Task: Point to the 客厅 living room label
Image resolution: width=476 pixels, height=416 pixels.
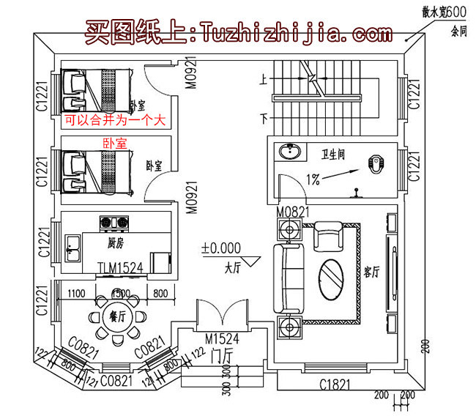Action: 371,272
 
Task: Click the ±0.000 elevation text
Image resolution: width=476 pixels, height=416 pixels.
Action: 219,249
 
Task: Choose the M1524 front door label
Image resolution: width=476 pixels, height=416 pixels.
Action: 222,339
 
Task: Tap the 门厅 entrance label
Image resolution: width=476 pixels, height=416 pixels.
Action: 222,356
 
